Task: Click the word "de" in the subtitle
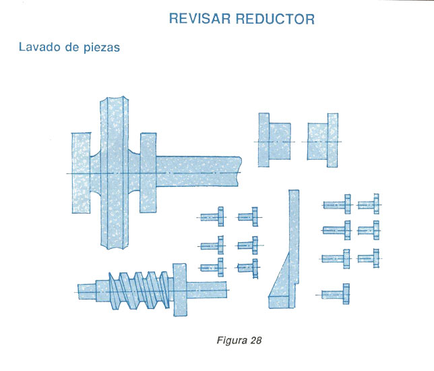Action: (71, 49)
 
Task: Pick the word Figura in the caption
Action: (231, 340)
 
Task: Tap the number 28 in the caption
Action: (255, 340)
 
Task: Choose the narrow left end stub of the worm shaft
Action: (86, 291)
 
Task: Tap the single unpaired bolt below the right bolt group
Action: (336, 294)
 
